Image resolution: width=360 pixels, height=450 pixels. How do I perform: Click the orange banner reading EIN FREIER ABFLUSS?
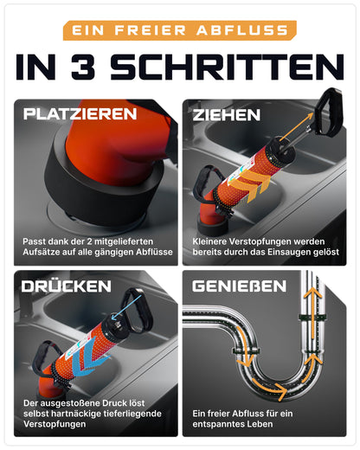pyautogui.click(x=180, y=30)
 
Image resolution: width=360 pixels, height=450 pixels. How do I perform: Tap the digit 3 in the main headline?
pyautogui.click(x=83, y=67)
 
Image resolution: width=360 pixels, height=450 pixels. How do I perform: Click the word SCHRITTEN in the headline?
pyautogui.click(x=227, y=67)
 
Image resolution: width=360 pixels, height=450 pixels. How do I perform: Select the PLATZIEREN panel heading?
pyautogui.click(x=80, y=114)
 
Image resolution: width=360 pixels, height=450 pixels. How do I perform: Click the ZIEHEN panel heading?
pyautogui.click(x=227, y=115)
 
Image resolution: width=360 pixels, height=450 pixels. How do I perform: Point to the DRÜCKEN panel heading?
pyautogui.click(x=67, y=286)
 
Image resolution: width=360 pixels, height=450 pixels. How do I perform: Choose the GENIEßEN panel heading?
pyautogui.click(x=239, y=286)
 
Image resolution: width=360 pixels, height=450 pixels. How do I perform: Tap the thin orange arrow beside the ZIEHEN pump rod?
pyautogui.click(x=296, y=127)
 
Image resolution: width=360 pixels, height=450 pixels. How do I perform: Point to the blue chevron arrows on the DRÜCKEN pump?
pyautogui.click(x=89, y=362)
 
